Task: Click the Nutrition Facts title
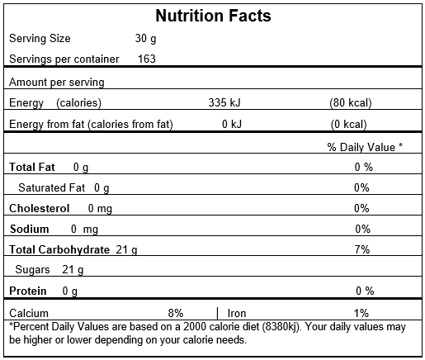(x=213, y=16)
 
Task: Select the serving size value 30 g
(x=145, y=39)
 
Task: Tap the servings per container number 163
(x=147, y=59)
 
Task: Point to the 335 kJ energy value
(x=224, y=102)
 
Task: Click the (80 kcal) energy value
(x=351, y=103)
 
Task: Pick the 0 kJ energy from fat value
(x=232, y=124)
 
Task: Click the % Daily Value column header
(x=365, y=147)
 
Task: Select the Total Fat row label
(x=32, y=167)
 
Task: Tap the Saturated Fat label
(x=51, y=187)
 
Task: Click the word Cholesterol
(x=39, y=208)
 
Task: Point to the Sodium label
(x=30, y=229)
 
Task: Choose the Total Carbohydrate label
(x=59, y=249)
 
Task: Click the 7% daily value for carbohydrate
(x=362, y=249)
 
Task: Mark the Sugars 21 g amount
(x=73, y=270)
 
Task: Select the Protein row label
(x=28, y=291)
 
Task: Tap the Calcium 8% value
(x=176, y=313)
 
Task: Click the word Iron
(x=237, y=313)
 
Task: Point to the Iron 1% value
(x=361, y=313)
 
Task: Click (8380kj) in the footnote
(x=281, y=327)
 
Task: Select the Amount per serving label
(x=57, y=82)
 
